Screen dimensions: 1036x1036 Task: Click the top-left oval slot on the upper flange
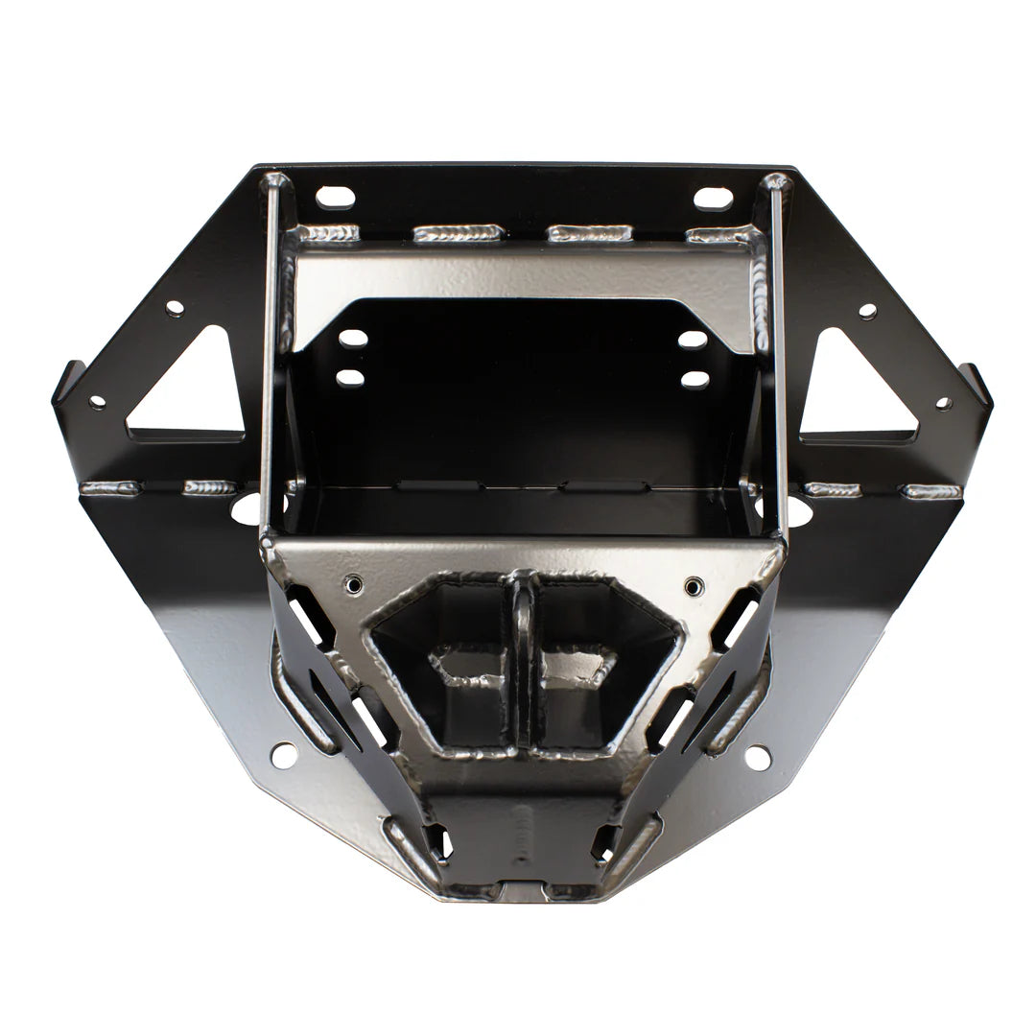[335, 197]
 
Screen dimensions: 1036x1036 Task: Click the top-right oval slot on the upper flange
[713, 198]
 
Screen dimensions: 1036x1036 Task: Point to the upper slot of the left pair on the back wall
[353, 339]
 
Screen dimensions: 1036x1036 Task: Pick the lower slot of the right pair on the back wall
[695, 379]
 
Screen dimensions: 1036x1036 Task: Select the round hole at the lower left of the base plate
[284, 755]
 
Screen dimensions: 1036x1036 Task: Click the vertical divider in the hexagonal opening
[523, 662]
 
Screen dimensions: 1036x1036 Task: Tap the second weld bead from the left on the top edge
[458, 233]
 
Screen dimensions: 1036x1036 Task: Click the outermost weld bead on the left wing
[109, 488]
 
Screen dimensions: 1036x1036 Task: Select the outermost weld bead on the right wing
[931, 491]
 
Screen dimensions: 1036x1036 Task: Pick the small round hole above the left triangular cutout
[174, 308]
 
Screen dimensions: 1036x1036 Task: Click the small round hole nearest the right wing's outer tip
[943, 403]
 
